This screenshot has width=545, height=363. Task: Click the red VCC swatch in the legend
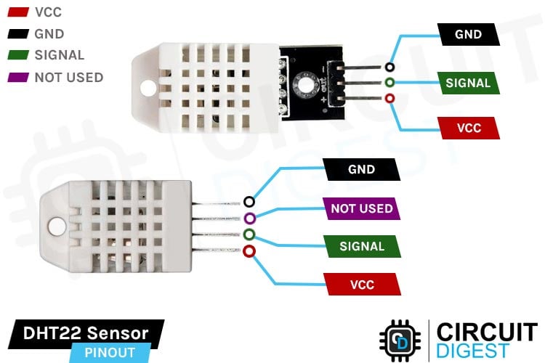[17, 12]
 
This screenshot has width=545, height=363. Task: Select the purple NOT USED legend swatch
[17, 77]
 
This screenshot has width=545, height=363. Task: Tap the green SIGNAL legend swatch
[17, 55]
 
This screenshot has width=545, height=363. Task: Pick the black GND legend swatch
[17, 34]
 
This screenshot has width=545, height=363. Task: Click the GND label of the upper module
[468, 34]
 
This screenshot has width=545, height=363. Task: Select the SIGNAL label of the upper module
[468, 82]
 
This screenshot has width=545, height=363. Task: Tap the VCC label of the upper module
[468, 129]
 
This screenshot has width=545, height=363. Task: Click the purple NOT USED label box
[361, 208]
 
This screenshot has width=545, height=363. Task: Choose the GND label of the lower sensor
[361, 170]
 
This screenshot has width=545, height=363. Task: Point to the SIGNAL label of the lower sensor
[361, 246]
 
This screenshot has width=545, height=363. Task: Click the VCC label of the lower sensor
[361, 284]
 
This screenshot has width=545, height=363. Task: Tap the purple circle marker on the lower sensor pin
[249, 219]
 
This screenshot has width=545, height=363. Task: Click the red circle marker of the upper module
[390, 98]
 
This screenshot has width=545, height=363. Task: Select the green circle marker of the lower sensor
[249, 234]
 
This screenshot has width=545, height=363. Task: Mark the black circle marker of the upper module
[390, 66]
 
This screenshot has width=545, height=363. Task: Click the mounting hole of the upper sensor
[149, 89]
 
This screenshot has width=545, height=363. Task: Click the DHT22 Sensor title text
[86, 333]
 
